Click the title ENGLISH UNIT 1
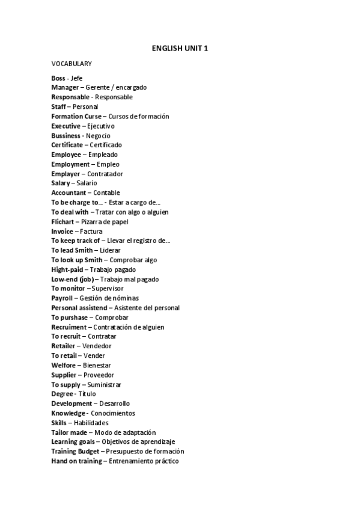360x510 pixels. (180, 48)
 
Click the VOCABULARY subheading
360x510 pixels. (72, 63)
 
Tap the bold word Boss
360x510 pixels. (58, 78)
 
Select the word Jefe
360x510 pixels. (76, 78)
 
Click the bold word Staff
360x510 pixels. (59, 106)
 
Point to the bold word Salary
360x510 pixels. (61, 183)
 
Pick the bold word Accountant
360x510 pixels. (69, 192)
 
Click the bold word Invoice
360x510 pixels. (62, 231)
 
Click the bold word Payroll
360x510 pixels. (62, 298)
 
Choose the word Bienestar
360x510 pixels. (97, 365)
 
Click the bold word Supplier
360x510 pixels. (64, 375)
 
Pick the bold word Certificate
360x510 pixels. (67, 145)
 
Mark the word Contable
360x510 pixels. (106, 192)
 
